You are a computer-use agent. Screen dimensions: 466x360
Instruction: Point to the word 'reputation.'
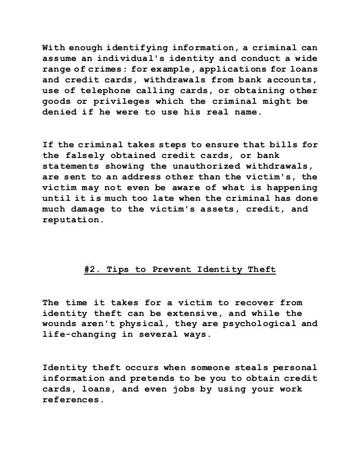click(73, 219)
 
